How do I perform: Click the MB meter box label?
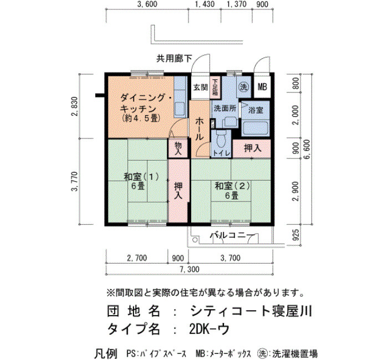262,87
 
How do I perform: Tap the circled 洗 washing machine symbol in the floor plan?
243,87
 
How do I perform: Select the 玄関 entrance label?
200,87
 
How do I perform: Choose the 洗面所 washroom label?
224,109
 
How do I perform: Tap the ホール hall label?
199,129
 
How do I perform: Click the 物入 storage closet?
178,148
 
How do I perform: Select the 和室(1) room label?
141,177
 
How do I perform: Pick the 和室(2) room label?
232,186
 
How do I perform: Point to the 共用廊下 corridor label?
174,59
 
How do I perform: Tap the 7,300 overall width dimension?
190,269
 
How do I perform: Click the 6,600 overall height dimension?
307,150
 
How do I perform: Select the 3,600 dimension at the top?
147,4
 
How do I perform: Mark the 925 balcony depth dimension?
295,235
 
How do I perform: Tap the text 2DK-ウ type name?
210,329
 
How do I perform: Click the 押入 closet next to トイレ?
252,148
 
